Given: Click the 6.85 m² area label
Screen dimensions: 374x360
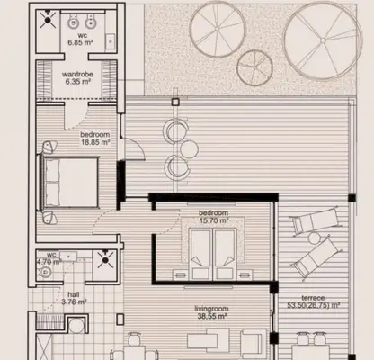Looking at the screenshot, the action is (x=80, y=42).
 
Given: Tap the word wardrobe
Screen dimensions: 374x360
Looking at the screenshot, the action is (x=77, y=74).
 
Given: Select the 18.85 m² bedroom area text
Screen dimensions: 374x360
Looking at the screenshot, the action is (x=95, y=142).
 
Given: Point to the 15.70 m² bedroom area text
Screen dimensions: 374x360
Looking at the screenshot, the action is (x=214, y=220).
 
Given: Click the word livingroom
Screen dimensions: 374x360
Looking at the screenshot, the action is (x=211, y=309).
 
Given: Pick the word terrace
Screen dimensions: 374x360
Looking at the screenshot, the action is (x=313, y=298).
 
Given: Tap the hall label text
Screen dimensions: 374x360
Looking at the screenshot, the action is (x=74, y=294).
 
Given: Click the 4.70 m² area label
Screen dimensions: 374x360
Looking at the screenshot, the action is (x=49, y=262).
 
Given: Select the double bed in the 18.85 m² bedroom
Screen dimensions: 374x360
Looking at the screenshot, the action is (x=68, y=182).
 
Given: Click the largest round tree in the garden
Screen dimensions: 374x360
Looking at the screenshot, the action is (x=323, y=41).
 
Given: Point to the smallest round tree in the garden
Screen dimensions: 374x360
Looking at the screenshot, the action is (x=254, y=67).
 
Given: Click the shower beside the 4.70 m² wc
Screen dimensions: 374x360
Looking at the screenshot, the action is (x=105, y=260).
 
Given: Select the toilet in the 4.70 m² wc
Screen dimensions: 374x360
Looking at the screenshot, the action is (x=44, y=273).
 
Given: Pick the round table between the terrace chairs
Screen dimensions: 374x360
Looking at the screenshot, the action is (x=189, y=148).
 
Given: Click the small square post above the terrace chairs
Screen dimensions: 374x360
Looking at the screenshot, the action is (x=175, y=102).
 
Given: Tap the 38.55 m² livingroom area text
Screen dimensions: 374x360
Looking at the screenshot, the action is (x=211, y=316).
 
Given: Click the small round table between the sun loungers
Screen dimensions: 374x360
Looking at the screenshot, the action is (x=315, y=238).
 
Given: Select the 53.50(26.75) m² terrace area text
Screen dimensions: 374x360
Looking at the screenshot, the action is (x=313, y=305).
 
